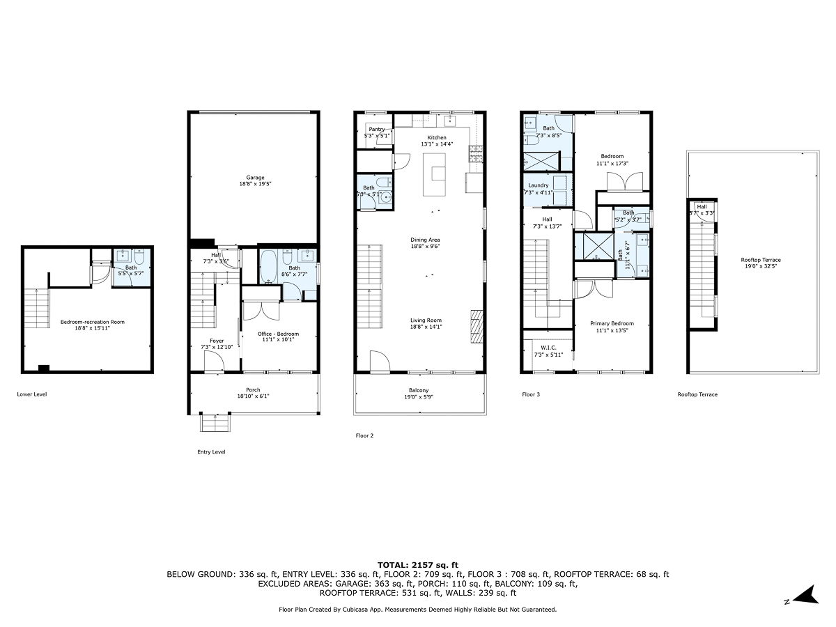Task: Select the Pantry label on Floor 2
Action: pos(377,129)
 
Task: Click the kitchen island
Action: pos(437,175)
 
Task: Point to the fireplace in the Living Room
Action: pos(476,326)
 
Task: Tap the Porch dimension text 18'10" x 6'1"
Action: pos(253,396)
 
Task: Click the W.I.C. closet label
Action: pos(547,348)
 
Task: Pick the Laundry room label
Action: pos(539,185)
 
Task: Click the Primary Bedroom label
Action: pos(612,323)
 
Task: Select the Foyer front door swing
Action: pos(213,360)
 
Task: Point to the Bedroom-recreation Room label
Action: pos(87,322)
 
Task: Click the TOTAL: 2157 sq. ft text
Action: pos(417,564)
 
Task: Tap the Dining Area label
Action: pos(424,240)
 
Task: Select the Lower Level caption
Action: pos(31,394)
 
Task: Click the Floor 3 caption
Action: pos(531,394)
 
